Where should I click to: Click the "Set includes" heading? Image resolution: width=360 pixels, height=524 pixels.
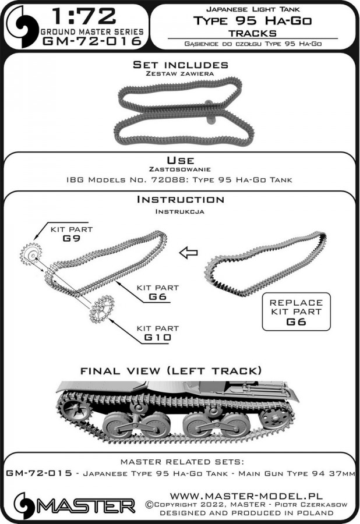pyautogui.click(x=180, y=65)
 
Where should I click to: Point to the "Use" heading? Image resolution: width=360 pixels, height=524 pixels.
pyautogui.click(x=180, y=160)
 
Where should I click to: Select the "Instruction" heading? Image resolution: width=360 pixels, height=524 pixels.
pyautogui.click(x=180, y=200)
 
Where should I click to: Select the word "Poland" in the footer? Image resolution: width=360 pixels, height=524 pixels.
pyautogui.click(x=314, y=513)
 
